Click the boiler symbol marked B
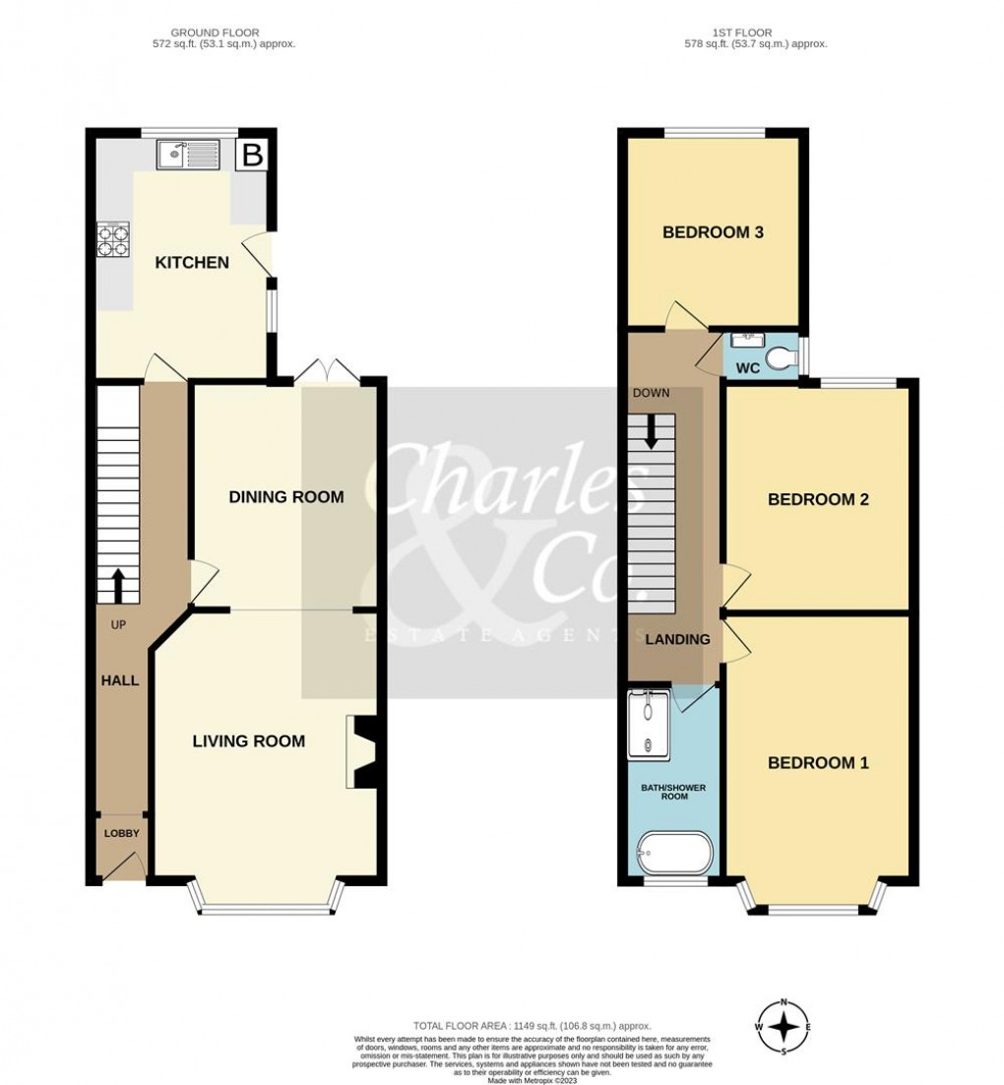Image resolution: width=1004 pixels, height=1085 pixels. click(252, 155)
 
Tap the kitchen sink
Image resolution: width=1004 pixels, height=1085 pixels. click(188, 155)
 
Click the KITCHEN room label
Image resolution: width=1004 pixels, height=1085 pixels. click(192, 263)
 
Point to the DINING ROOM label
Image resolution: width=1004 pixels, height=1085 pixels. click(286, 497)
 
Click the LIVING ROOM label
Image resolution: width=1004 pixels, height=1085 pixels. click(248, 741)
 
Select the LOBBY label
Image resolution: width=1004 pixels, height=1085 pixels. click(122, 834)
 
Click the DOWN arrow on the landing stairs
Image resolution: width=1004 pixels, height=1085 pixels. click(651, 431)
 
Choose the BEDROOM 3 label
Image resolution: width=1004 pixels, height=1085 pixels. click(714, 233)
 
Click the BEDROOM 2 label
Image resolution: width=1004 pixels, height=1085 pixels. click(818, 499)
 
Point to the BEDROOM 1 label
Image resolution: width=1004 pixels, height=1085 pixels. click(818, 763)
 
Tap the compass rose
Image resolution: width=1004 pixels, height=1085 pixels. click(784, 1027)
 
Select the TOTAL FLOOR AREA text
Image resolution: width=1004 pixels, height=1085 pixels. click(532, 1027)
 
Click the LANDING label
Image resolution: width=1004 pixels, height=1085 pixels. click(677, 640)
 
